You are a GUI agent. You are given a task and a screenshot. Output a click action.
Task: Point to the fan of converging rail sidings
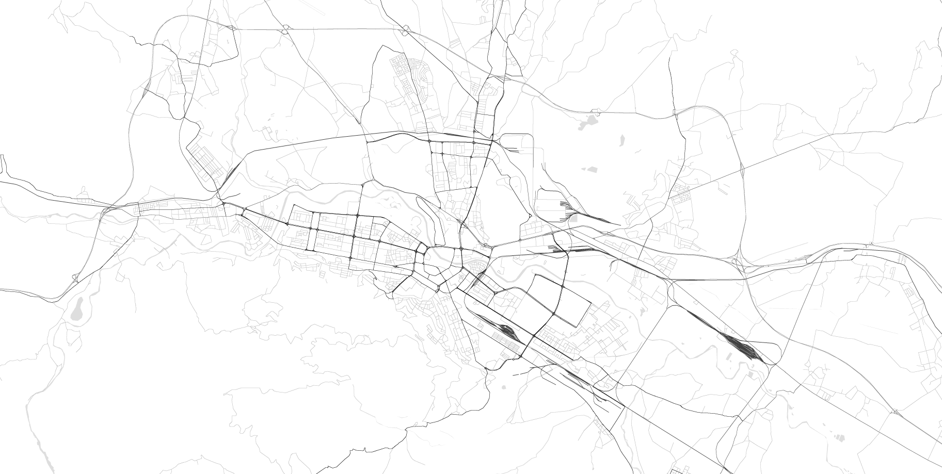click(x=568, y=209)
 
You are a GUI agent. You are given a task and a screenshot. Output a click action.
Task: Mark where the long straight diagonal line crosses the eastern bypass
click(x=742, y=167)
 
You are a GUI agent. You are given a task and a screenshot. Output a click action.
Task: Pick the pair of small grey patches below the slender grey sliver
click(x=588, y=169)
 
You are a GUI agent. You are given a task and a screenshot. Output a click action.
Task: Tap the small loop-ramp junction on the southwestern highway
click(x=76, y=278)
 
